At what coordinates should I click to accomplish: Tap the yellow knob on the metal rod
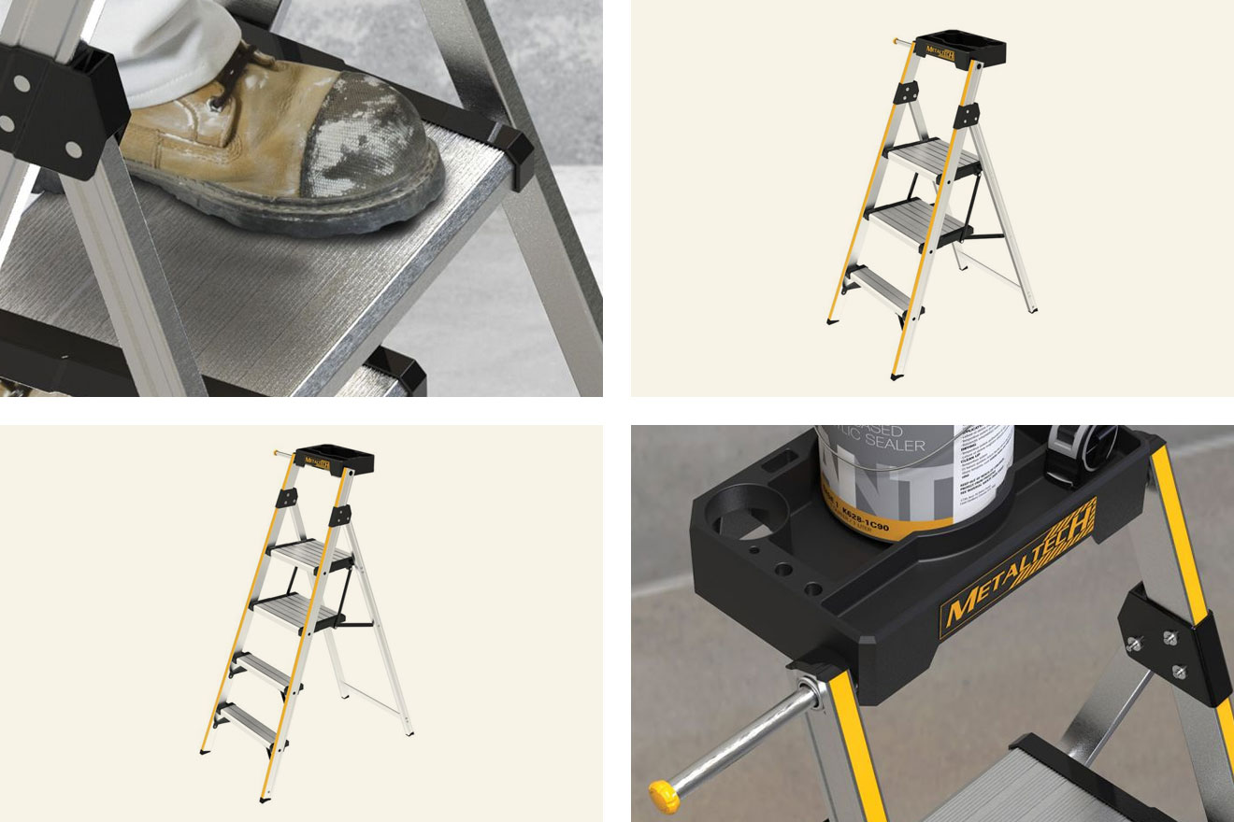click(664, 797)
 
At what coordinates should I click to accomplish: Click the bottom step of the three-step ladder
click(883, 291)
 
